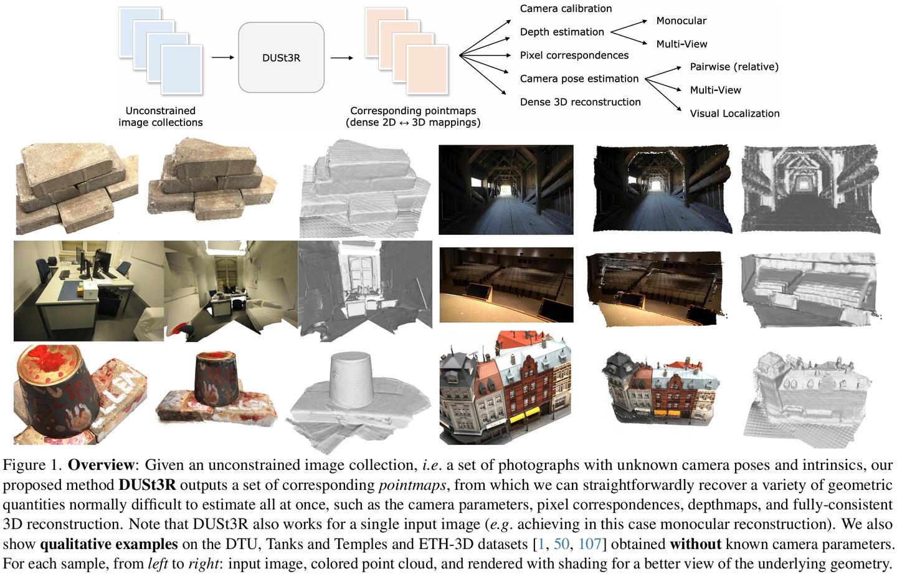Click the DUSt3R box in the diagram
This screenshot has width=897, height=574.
click(281, 57)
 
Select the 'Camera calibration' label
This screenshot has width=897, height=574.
click(566, 9)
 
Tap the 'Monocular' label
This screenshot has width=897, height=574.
click(681, 21)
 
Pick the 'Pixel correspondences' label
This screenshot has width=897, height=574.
click(574, 55)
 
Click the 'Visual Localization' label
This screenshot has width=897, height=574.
click(734, 113)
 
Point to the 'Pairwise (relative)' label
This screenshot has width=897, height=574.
click(734, 67)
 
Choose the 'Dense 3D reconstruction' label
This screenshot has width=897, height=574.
click(580, 102)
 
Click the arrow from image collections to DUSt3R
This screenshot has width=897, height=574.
click(222, 58)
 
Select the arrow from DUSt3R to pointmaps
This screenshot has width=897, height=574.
click(341, 58)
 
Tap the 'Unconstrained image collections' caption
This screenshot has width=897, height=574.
click(160, 117)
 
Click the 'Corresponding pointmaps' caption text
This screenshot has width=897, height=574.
click(412, 111)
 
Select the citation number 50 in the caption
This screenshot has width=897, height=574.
click(561, 544)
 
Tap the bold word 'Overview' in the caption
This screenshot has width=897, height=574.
click(100, 465)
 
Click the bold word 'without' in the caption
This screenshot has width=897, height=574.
click(695, 544)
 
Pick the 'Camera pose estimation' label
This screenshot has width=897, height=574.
click(579, 79)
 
